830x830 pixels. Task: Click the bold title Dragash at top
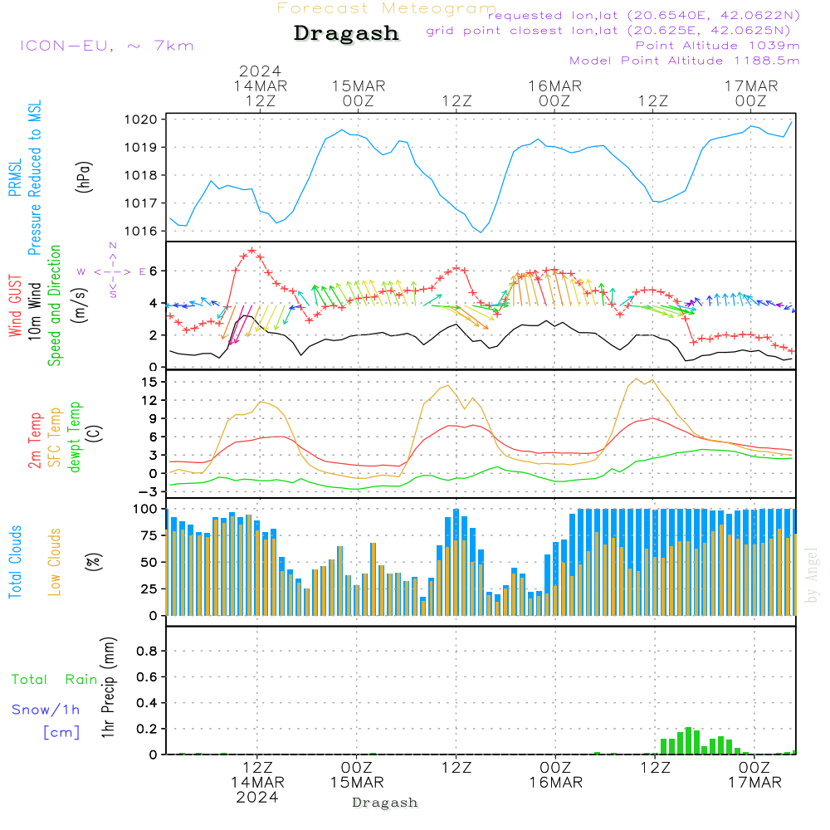[346, 34]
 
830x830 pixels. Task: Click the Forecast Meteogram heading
[387, 8]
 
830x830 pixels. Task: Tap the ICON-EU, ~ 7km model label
[106, 45]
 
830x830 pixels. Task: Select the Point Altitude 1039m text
[717, 46]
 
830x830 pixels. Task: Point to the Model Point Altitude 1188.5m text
[685, 61]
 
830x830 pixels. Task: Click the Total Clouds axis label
[16, 562]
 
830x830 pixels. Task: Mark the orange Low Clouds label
[55, 561]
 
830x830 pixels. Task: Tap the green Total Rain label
[55, 680]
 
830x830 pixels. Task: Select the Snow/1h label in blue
[46, 710]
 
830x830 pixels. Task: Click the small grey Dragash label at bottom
[385, 803]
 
